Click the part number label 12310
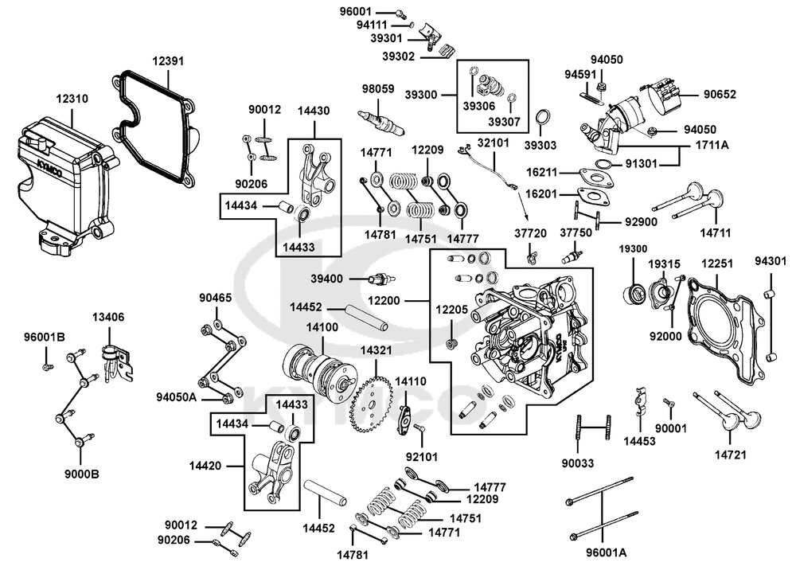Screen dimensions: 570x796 point(72,100)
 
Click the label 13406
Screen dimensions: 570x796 point(107,317)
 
